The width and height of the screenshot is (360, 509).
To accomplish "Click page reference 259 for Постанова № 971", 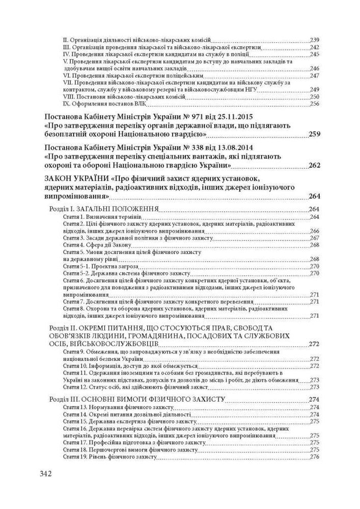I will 314,135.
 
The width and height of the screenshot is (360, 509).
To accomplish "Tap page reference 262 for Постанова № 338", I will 314,166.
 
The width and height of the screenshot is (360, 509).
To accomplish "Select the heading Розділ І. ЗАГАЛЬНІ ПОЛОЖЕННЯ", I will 102,209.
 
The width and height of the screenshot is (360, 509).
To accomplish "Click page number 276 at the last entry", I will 314,457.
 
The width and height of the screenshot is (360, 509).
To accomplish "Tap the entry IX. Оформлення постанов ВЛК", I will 104,104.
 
